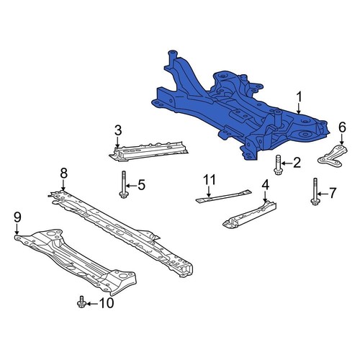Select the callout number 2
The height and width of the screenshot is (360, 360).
(x=296, y=164)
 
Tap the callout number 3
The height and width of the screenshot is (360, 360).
(x=117, y=130)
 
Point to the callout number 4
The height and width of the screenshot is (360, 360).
(x=265, y=186)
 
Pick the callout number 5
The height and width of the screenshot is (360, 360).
(x=141, y=185)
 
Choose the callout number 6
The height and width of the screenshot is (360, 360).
(x=342, y=127)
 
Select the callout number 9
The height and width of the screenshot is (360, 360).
(x=17, y=216)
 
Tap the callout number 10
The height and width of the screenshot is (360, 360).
(x=105, y=303)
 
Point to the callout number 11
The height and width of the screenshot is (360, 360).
(x=209, y=179)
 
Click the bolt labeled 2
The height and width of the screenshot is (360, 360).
(x=278, y=165)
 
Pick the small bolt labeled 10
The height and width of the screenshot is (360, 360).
(x=81, y=302)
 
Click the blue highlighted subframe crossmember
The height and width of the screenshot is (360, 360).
(x=230, y=108)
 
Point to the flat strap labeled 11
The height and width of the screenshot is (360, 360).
(x=223, y=195)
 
